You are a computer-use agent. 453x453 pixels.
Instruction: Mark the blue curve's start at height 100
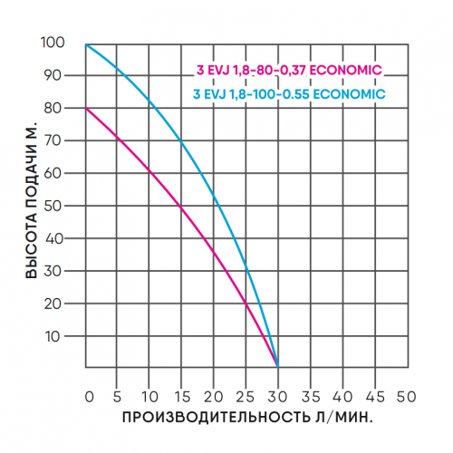pyautogui.click(x=87, y=43)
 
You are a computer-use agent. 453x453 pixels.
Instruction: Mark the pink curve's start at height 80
pyautogui.click(x=87, y=109)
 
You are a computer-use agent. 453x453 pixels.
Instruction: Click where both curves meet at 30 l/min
pyautogui.click(x=277, y=365)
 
